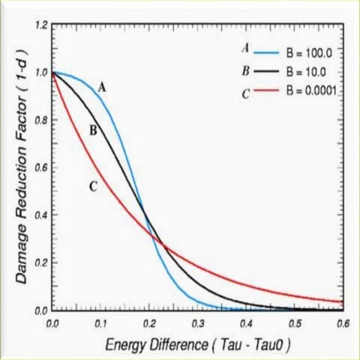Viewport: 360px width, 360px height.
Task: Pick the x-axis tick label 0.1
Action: pyautogui.click(x=100, y=322)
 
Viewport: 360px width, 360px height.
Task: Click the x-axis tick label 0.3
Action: pyautogui.click(x=198, y=322)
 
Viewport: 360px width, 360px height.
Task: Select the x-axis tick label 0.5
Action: pyautogui.click(x=295, y=322)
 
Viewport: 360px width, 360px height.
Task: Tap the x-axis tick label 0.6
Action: pyautogui.click(x=343, y=322)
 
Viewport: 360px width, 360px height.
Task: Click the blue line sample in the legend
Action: pyautogui.click(x=266, y=53)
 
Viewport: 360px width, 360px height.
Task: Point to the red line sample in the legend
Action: pyautogui.click(x=266, y=90)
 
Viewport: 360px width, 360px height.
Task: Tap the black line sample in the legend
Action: pyautogui.click(x=266, y=71)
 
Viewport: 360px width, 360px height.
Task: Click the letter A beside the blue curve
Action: pyautogui.click(x=102, y=87)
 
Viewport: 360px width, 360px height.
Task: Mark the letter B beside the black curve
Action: pyautogui.click(x=94, y=130)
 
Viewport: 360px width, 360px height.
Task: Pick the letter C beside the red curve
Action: pyautogui.click(x=92, y=186)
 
